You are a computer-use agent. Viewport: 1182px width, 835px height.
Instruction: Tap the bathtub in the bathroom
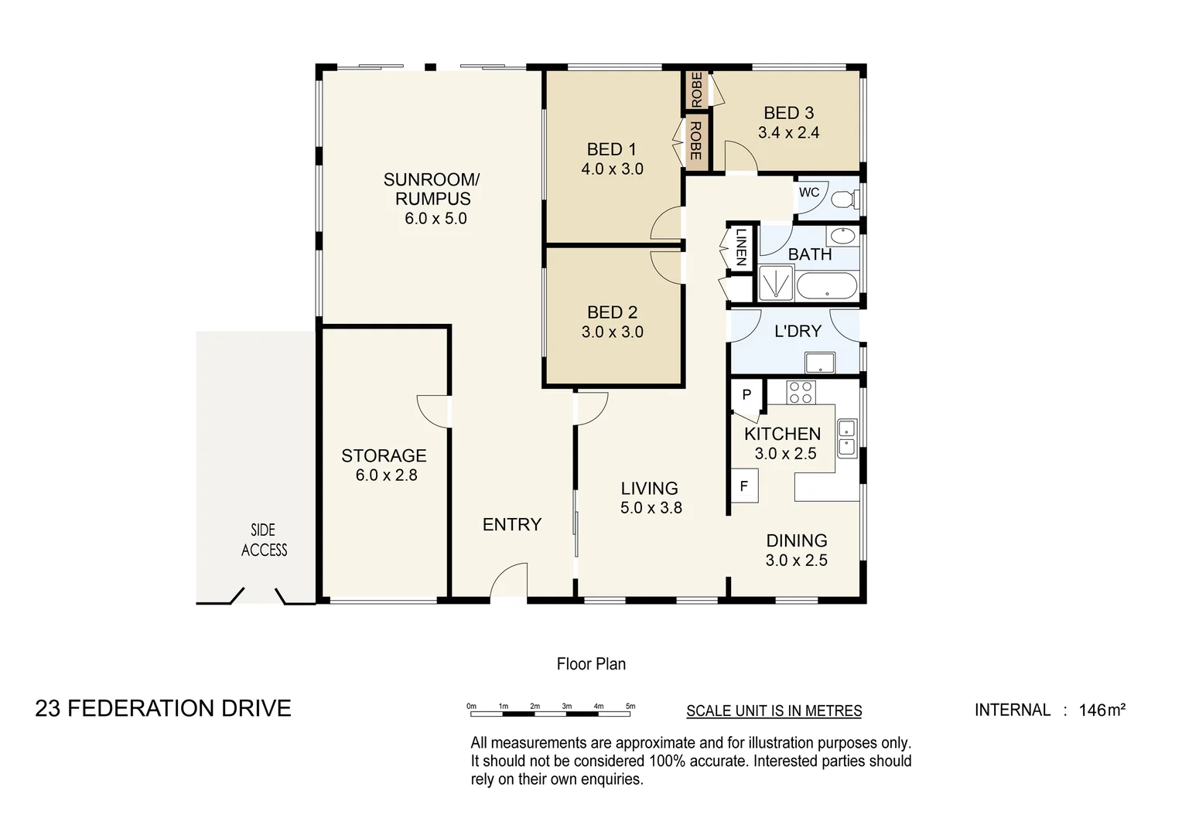[x=826, y=286]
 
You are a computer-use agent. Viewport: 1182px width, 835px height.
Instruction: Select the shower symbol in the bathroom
[x=775, y=282]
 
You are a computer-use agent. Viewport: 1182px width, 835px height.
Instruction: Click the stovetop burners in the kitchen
[x=800, y=392]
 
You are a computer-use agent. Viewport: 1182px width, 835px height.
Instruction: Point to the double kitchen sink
[x=847, y=438]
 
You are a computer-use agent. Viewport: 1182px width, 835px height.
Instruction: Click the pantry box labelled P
[x=746, y=394]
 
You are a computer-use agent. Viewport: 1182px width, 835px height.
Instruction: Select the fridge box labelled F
[x=744, y=486]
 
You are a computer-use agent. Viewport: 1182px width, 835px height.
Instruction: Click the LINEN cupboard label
[x=740, y=247]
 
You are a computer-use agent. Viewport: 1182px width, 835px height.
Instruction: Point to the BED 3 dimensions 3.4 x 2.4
[x=788, y=132]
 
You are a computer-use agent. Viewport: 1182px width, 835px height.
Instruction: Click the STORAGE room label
[x=384, y=455]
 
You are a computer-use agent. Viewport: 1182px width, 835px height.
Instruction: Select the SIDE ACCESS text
[x=264, y=540]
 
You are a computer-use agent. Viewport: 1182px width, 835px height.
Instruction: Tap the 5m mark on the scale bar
[x=630, y=707]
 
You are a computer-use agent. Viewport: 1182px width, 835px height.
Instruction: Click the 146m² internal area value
[x=1102, y=710]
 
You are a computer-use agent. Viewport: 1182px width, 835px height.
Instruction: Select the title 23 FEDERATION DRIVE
[x=163, y=708]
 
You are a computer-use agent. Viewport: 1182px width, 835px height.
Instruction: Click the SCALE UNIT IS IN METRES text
[x=774, y=711]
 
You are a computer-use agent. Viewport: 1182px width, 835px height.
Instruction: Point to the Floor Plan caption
[x=591, y=663]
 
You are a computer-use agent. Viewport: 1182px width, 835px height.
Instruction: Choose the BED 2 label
[x=612, y=312]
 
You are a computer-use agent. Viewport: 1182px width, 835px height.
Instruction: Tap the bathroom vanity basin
[x=841, y=236]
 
